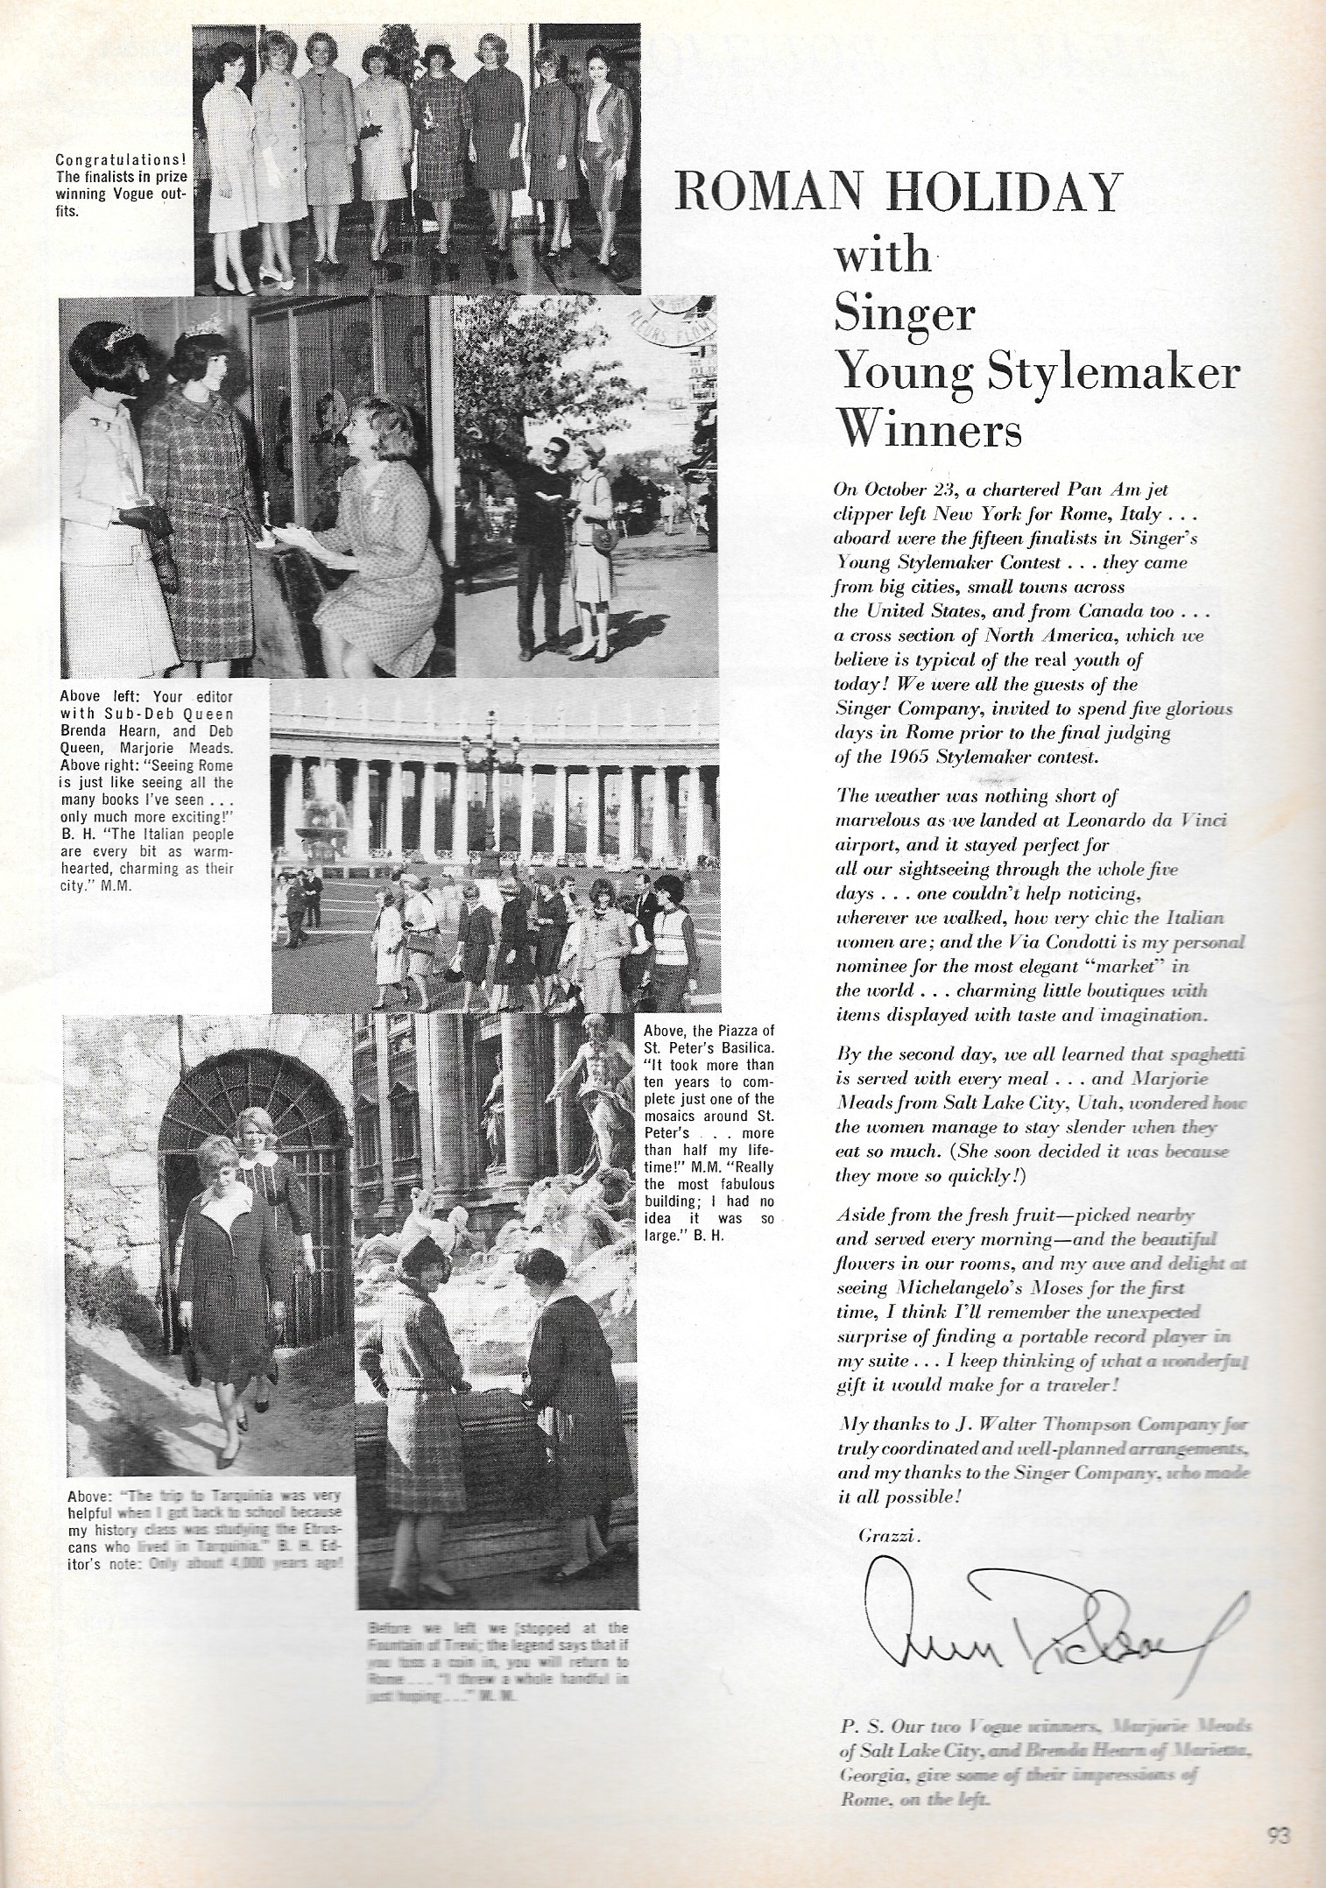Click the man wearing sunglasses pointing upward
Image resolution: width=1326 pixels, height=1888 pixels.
529,534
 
